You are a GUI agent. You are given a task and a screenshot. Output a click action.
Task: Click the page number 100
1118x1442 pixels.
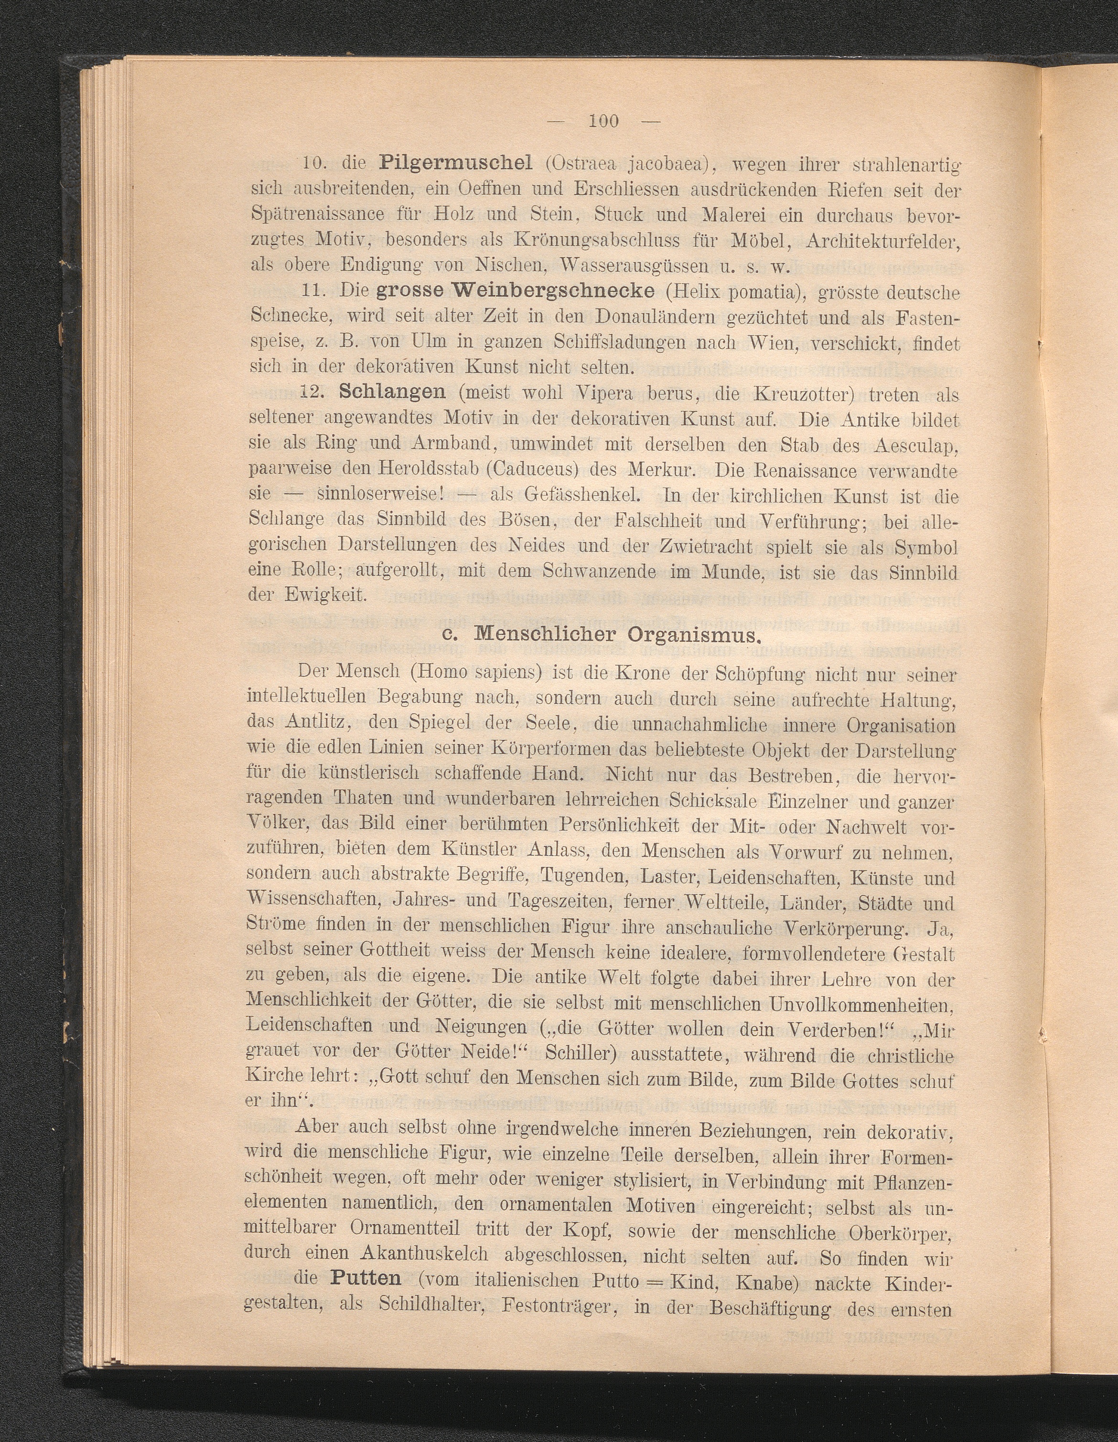(x=603, y=120)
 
